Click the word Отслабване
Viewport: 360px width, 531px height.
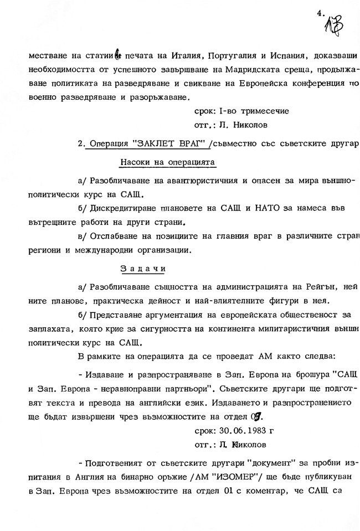[x=112, y=235]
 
